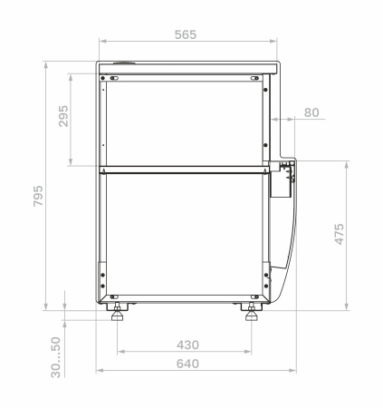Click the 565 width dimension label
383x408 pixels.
185,34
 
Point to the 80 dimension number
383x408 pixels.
311,112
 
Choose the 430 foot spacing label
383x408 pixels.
187,345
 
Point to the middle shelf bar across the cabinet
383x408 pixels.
185,170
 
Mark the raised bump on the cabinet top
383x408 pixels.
123,63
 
